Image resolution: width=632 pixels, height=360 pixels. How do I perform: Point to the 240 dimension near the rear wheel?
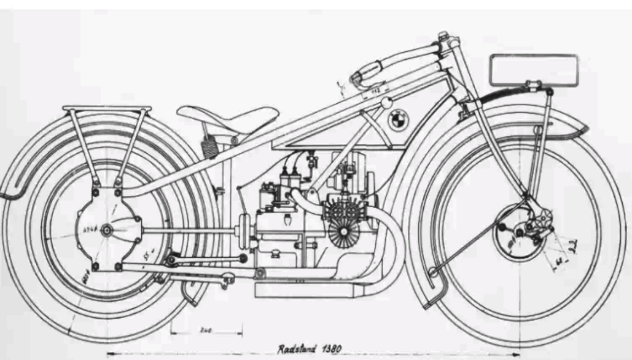tap(206, 331)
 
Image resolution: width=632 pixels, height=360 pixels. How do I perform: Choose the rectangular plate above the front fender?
tap(534, 70)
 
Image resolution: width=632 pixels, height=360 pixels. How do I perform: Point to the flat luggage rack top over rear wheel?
tap(107, 108)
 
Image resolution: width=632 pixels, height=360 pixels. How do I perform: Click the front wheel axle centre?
tap(519, 229)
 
